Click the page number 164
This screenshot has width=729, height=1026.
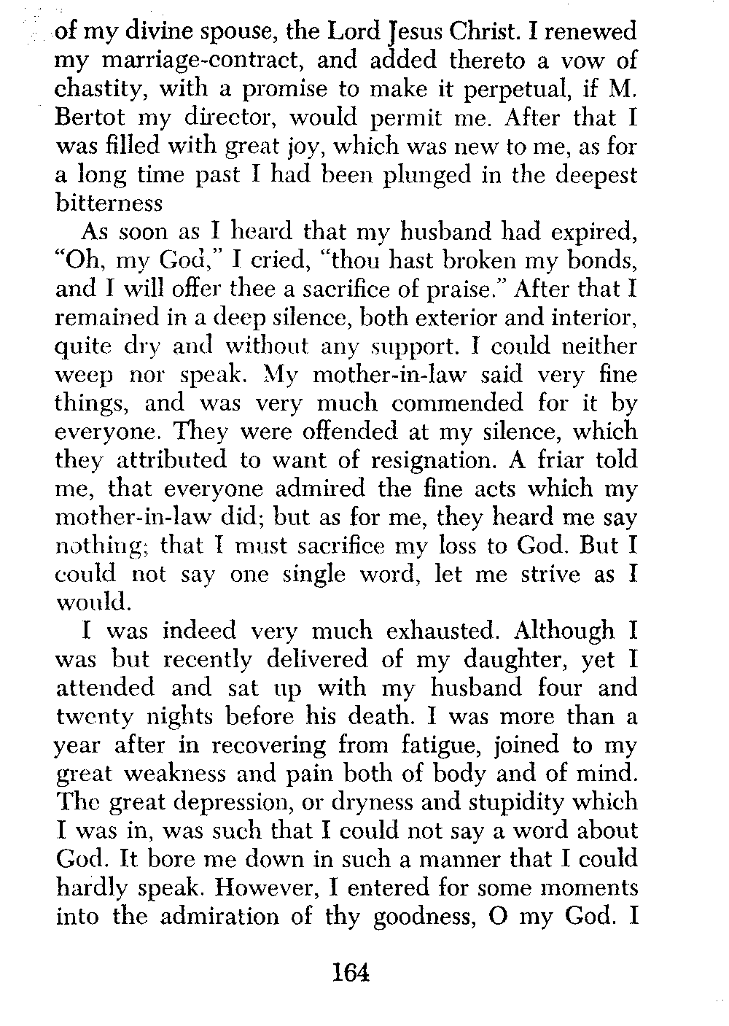351,973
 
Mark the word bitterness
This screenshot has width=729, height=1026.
109,204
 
